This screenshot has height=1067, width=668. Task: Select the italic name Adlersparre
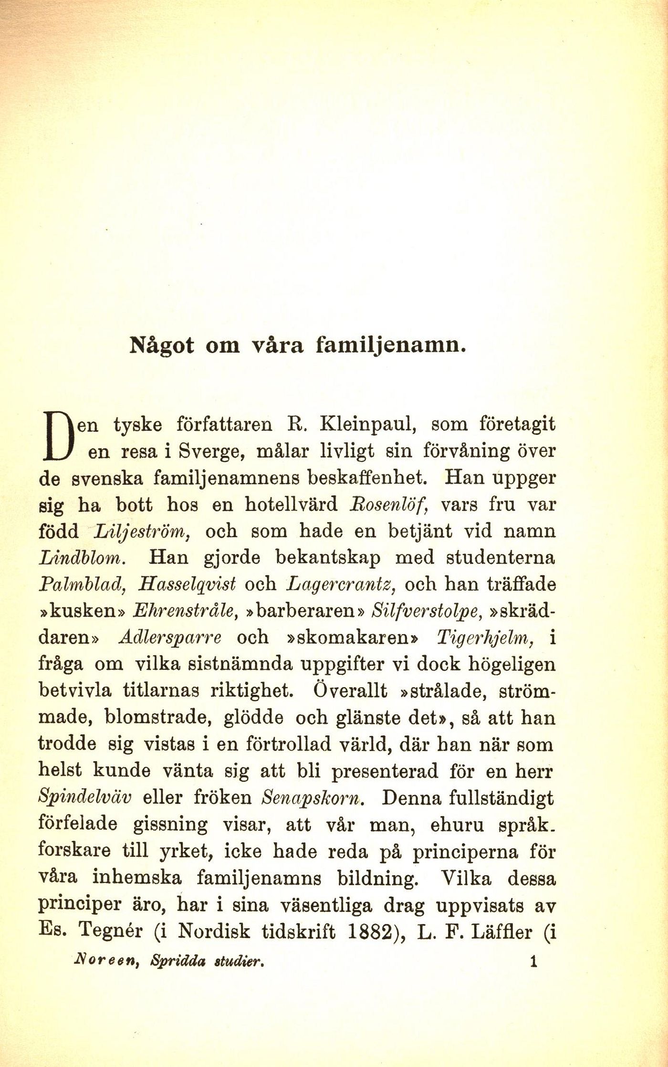point(170,638)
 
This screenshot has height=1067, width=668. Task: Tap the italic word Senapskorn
point(313,799)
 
